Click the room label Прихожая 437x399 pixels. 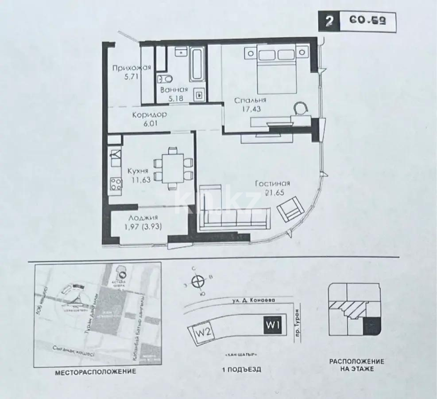coord(131,68)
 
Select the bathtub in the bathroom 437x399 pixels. coord(196,65)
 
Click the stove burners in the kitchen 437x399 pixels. coord(116,184)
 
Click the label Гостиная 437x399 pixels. coord(272,184)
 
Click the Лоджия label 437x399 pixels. coord(143,218)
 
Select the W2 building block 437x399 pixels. coord(197,332)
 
